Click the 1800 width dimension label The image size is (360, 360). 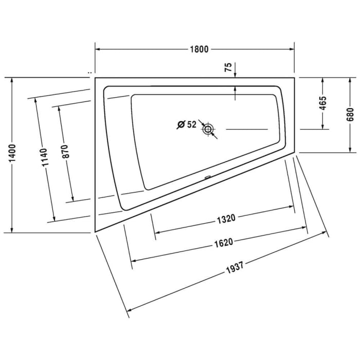199,50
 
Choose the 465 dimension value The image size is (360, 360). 323,104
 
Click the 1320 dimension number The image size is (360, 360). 225,218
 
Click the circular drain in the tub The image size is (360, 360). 208,129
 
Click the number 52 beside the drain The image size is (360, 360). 191,124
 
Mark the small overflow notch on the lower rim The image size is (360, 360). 206,178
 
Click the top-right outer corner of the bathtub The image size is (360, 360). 295,78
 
